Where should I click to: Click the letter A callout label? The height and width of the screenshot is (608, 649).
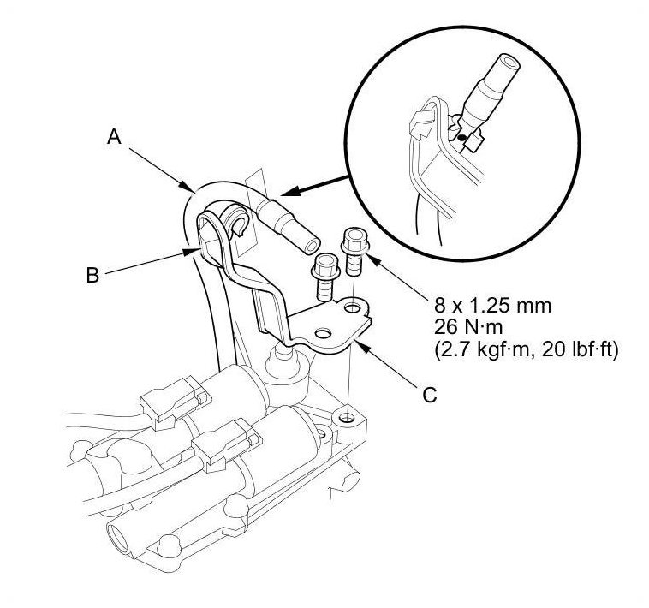tap(114, 136)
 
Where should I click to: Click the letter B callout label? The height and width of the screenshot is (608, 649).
tap(92, 274)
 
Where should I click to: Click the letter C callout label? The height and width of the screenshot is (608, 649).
tap(430, 395)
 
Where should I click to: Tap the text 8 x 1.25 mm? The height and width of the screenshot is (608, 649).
tap(492, 306)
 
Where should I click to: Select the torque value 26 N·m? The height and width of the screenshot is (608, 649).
tap(468, 327)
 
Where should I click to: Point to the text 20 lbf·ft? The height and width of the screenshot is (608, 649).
tap(577, 349)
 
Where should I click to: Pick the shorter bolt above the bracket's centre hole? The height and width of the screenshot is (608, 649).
tap(325, 277)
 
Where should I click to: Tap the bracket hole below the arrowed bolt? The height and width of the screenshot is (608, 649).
tap(352, 308)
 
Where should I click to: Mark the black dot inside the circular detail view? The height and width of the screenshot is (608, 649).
tap(462, 137)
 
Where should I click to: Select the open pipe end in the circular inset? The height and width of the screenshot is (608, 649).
tap(510, 63)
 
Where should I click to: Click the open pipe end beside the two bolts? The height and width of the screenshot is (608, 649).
tap(313, 246)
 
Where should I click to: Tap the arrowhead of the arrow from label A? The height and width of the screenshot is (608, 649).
tap(188, 188)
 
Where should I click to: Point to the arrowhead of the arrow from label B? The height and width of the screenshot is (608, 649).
tap(193, 251)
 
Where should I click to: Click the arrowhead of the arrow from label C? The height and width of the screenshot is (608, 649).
tap(360, 346)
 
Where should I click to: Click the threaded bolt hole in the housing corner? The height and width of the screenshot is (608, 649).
tap(347, 418)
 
